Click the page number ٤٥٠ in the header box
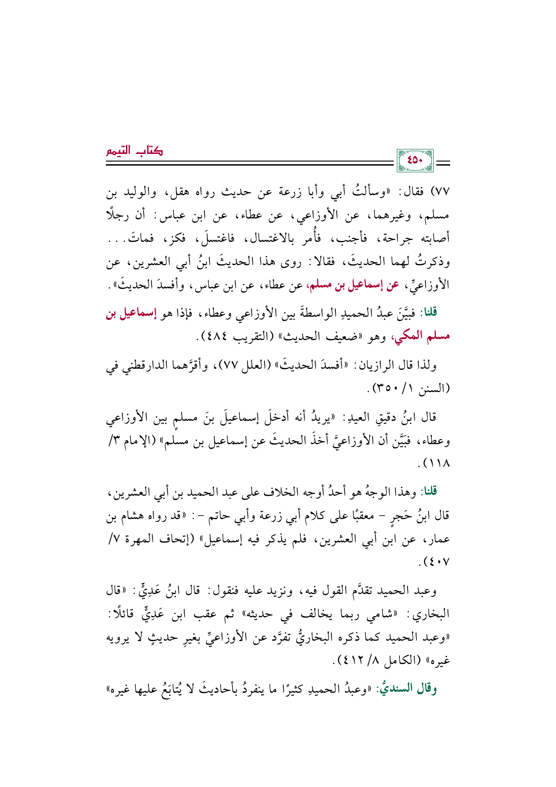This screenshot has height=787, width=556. (415, 160)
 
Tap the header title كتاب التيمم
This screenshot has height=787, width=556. (134, 151)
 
